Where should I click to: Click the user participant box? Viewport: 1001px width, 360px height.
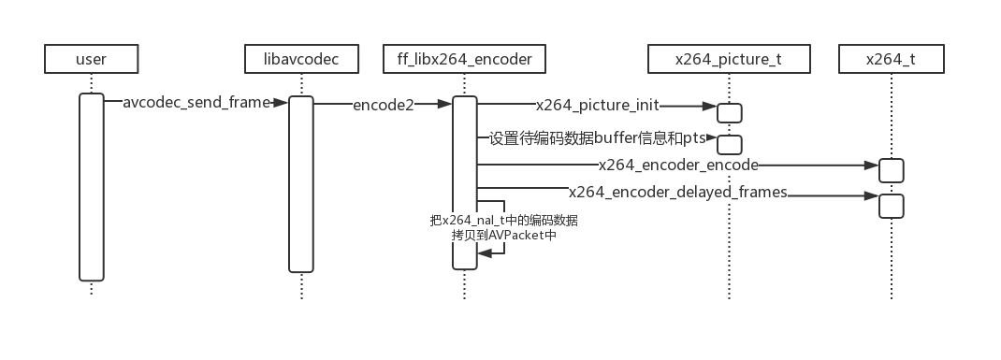pos(91,60)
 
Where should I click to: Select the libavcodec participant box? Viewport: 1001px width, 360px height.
pos(302,60)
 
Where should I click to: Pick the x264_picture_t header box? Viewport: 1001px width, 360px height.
pos(729,60)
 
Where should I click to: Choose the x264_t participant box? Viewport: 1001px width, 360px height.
pos(891,60)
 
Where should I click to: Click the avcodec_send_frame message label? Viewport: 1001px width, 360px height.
pos(196,103)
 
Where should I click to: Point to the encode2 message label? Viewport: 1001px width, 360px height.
pos(383,105)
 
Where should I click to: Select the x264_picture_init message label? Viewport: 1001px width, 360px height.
pos(597,105)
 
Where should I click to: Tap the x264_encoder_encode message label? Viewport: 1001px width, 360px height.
pos(678,165)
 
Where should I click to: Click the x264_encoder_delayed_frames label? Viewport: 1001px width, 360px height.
pos(678,193)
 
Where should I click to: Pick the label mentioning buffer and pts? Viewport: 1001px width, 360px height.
pos(597,138)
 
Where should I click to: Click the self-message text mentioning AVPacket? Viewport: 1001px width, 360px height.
pos(503,228)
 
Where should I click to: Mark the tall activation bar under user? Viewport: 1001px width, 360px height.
pos(91,186)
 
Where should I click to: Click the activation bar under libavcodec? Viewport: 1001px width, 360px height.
pos(300,183)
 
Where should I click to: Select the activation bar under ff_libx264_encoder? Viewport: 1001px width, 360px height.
pos(465,182)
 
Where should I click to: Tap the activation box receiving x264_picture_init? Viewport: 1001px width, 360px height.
pos(730,112)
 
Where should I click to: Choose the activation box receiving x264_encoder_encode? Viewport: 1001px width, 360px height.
pos(891,170)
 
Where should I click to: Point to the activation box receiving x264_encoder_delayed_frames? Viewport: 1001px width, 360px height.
pos(891,205)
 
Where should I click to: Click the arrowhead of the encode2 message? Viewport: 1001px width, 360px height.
pos(445,105)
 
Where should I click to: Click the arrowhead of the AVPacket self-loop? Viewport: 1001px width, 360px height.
pos(484,253)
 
